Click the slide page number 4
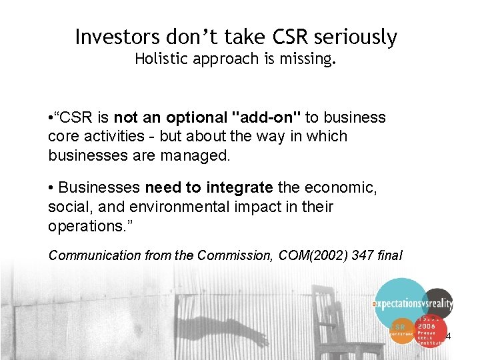(448, 336)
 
